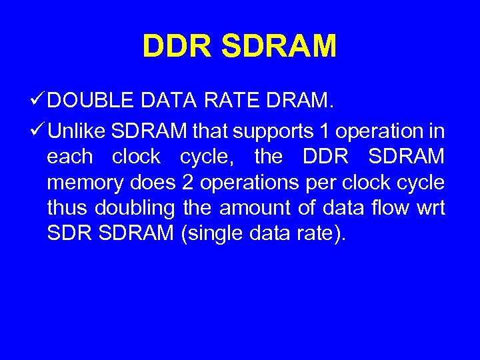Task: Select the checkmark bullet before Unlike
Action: pyautogui.click(x=39, y=131)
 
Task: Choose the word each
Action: pyautogui.click(x=70, y=157)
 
